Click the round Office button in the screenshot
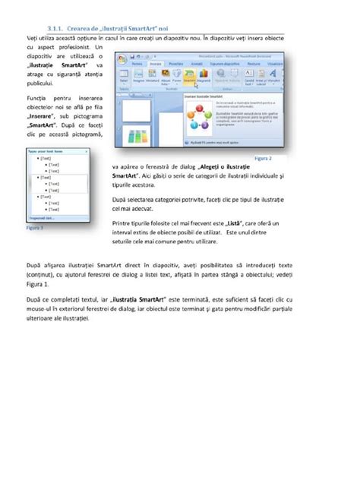pos(122,59)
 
